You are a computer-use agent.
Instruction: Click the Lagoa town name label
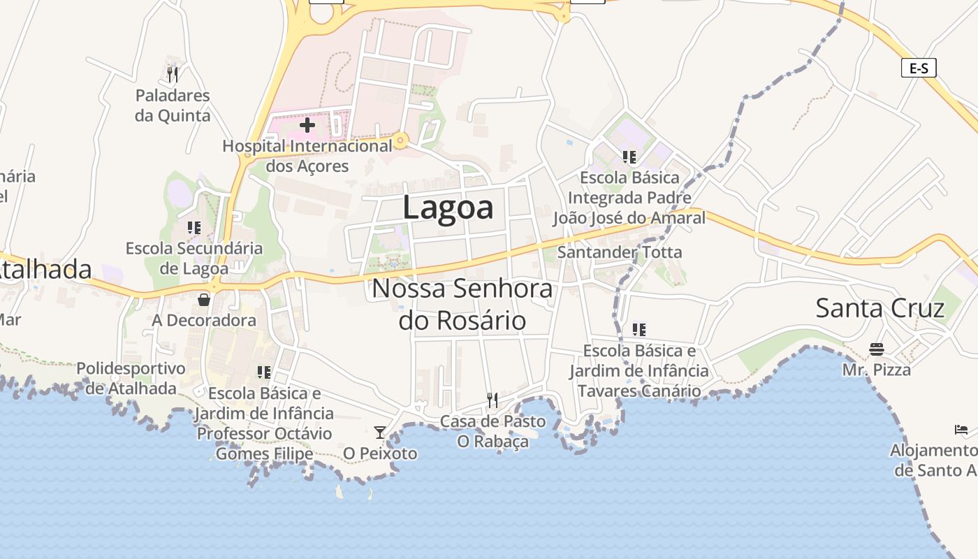(x=448, y=208)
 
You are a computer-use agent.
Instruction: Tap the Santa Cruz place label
(x=880, y=308)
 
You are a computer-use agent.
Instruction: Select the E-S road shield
(x=918, y=68)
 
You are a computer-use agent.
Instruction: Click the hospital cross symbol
(x=307, y=126)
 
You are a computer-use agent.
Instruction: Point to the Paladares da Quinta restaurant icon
(x=173, y=73)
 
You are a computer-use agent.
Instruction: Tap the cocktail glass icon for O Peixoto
(x=379, y=433)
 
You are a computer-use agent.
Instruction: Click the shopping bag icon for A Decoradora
(x=204, y=300)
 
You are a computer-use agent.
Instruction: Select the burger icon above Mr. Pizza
(x=876, y=349)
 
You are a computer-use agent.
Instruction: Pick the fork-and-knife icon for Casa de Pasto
(x=492, y=400)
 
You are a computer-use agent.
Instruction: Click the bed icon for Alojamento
(x=961, y=429)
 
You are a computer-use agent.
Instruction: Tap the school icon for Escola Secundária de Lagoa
(x=194, y=227)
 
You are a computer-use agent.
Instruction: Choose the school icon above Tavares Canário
(x=638, y=329)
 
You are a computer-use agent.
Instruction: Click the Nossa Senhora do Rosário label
(x=462, y=304)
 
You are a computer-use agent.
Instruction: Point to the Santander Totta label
(x=620, y=252)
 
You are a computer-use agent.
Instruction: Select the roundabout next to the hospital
(x=400, y=141)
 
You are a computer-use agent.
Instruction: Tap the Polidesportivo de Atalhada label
(x=131, y=378)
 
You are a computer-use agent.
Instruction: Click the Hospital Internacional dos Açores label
(x=307, y=156)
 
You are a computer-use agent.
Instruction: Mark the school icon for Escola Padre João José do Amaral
(x=629, y=157)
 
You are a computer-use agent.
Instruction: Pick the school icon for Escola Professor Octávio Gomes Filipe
(x=263, y=372)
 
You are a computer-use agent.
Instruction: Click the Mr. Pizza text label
(x=876, y=370)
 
